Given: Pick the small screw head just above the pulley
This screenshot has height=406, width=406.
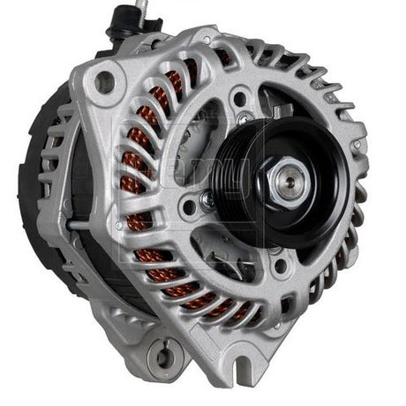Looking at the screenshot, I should [x=240, y=114].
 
